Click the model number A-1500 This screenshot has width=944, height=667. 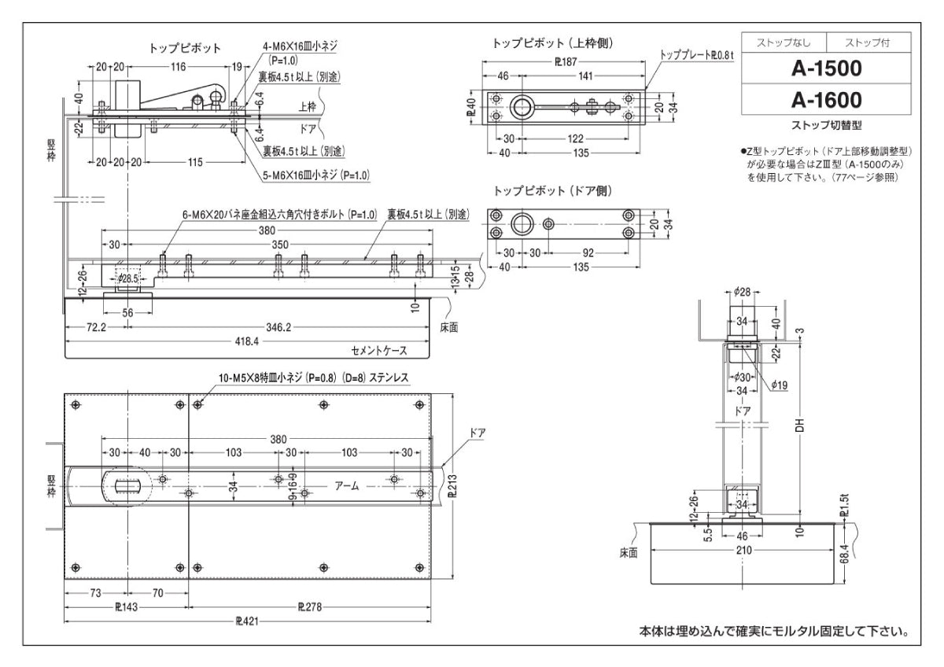[826, 69]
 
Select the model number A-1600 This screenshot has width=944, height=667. [826, 100]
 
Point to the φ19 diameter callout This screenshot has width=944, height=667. [779, 385]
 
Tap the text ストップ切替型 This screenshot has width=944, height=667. [826, 125]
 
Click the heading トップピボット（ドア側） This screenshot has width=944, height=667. [552, 191]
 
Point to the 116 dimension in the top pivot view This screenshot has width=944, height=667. [178, 68]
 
